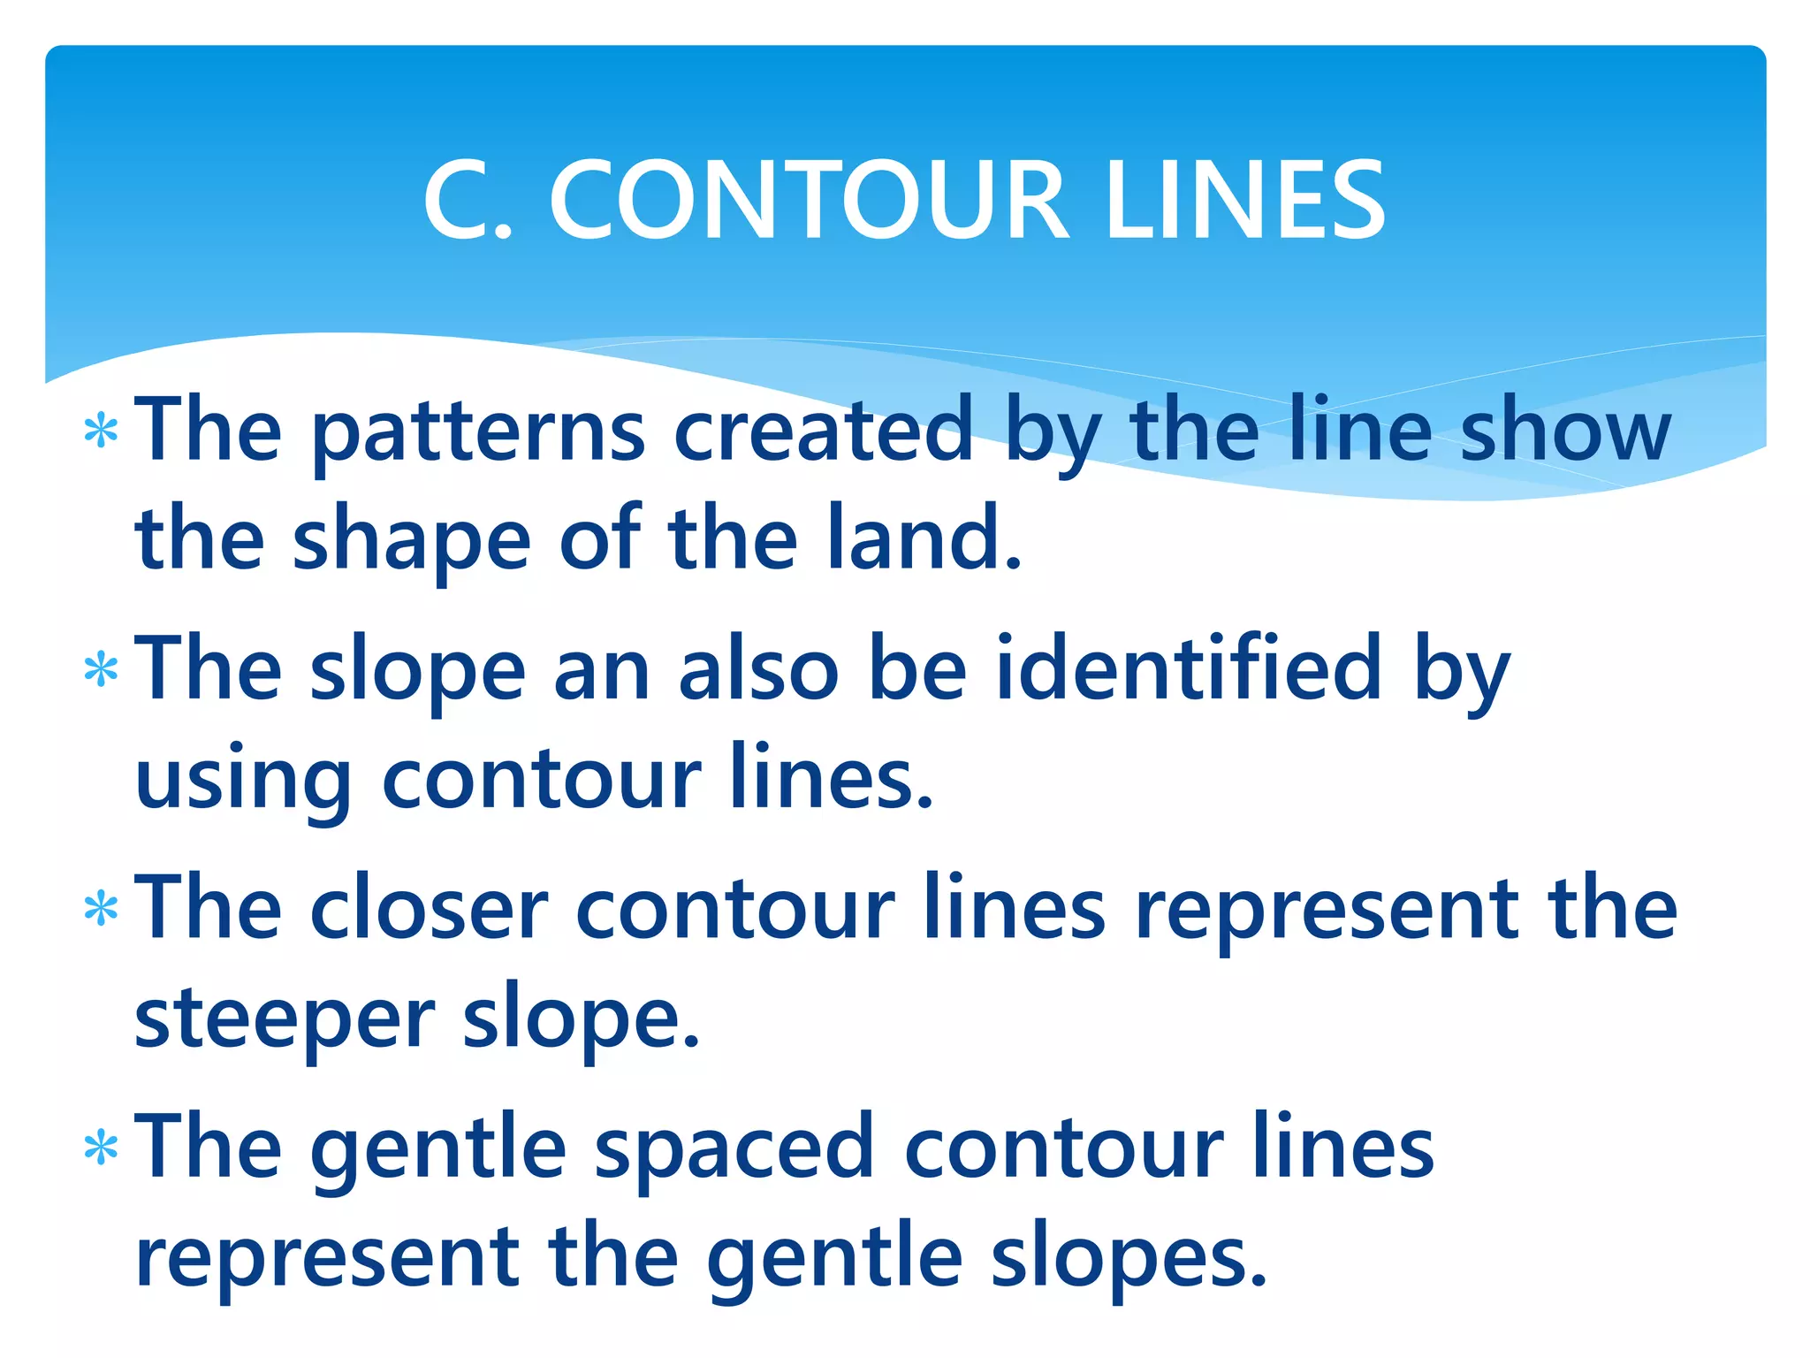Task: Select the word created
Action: (824, 430)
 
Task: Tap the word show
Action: (1565, 430)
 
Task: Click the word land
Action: (924, 538)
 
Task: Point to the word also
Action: (758, 668)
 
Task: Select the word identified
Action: (1189, 668)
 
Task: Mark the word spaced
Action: (734, 1149)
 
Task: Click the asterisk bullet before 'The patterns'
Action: (101, 431)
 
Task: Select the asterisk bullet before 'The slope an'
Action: (101, 670)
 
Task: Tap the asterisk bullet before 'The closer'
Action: (101, 909)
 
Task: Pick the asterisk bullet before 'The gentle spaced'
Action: (101, 1148)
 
